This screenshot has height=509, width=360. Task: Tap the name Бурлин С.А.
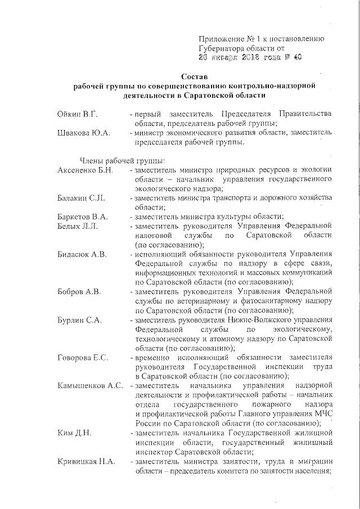pyautogui.click(x=79, y=321)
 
